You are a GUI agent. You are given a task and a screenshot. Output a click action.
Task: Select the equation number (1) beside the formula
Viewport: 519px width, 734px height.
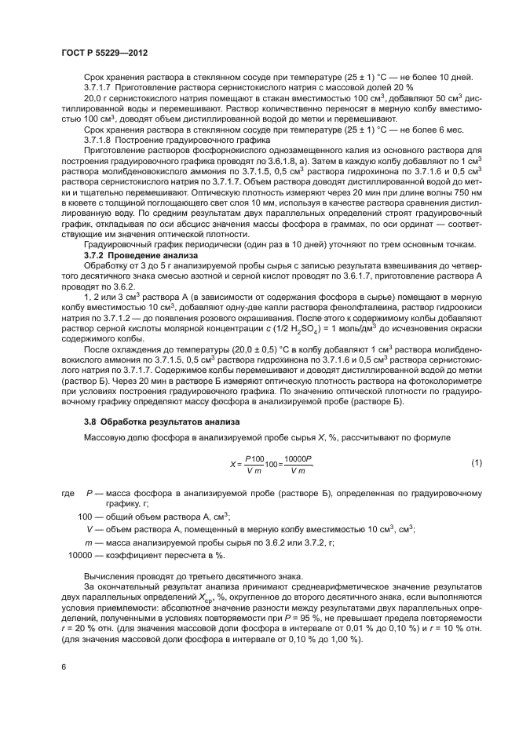[x=477, y=464]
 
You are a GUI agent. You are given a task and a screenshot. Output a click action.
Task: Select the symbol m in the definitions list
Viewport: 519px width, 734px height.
[x=89, y=542]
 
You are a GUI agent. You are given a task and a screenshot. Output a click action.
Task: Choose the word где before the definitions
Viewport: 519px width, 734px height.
[x=68, y=493]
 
